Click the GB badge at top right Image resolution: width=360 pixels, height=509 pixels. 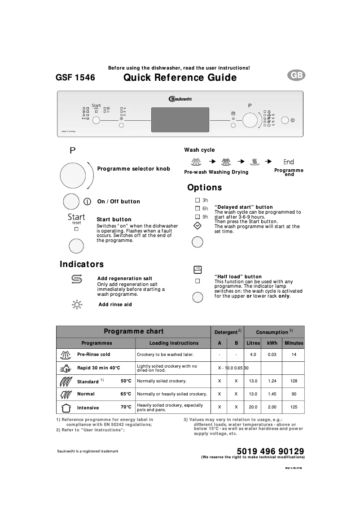coord(296,76)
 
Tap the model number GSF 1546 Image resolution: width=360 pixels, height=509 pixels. coord(75,78)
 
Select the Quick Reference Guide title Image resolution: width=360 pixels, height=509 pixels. coord(180,78)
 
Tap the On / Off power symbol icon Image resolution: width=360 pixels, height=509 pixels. coord(88,202)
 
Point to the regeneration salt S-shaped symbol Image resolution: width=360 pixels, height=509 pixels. coord(76,280)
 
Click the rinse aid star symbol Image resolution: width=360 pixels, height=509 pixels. coord(77,305)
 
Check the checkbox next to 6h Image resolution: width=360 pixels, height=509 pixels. coord(197,208)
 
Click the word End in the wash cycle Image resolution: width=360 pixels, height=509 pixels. coord(289,162)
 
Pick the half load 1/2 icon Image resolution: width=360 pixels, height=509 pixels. coord(197,269)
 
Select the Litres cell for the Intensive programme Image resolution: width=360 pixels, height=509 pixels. coord(253,407)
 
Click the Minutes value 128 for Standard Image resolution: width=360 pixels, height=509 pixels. coord(294,381)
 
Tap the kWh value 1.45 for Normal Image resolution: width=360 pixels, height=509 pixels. coord(272,394)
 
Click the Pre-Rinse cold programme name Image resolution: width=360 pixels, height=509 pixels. coord(93,354)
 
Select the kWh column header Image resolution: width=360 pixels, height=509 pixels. coord(272,343)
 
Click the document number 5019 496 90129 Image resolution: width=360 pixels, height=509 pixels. coord(271,451)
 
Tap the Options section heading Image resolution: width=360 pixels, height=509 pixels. coord(204,188)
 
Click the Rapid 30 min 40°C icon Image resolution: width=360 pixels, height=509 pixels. coord(66,368)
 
